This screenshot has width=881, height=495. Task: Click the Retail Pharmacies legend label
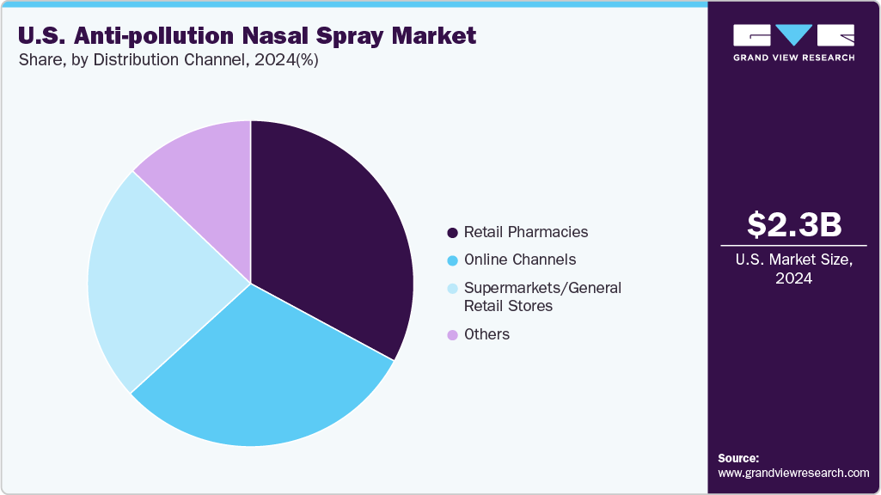point(526,232)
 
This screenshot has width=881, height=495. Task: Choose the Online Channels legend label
point(520,260)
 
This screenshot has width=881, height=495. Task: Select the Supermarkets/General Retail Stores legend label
point(541,296)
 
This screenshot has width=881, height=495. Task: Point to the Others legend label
point(486,334)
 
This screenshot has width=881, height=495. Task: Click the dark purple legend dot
point(452,233)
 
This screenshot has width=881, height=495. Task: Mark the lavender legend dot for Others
point(452,335)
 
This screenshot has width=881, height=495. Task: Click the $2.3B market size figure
point(793,224)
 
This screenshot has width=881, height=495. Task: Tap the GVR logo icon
point(793,35)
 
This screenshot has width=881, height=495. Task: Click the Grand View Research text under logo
point(793,58)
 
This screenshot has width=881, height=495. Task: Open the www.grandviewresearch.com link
point(793,473)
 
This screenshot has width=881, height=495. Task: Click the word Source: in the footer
point(738,458)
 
